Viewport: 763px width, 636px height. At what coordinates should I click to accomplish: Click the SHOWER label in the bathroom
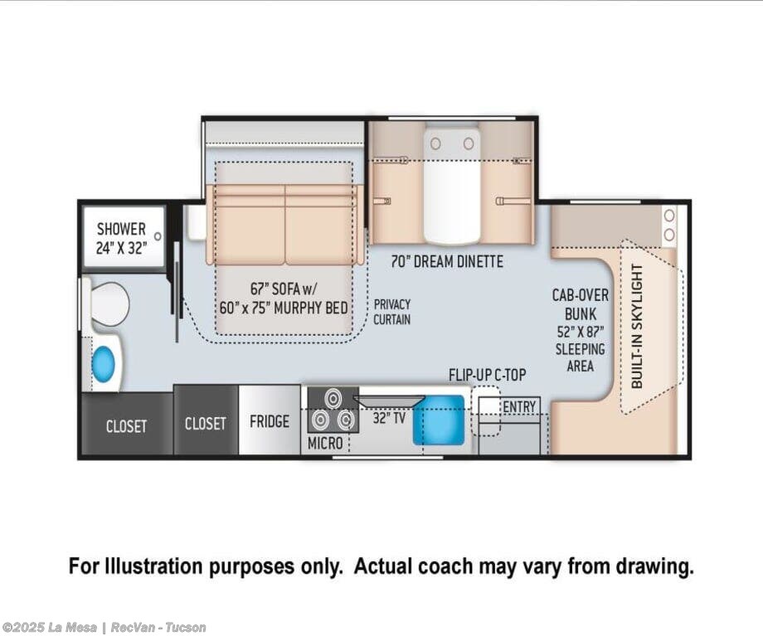pos(121,229)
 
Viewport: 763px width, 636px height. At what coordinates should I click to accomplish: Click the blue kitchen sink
pos(439,420)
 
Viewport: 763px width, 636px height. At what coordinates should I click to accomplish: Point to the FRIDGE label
pos(269,421)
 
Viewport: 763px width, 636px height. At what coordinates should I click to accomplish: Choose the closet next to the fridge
pos(206,420)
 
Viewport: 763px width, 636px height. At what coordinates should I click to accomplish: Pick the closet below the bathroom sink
pos(127,424)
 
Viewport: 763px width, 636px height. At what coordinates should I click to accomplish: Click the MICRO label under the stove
pos(325,444)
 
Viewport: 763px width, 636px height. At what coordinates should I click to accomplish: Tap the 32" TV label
pos(389,418)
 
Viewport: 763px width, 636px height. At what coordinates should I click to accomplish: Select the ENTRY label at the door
pos(519,406)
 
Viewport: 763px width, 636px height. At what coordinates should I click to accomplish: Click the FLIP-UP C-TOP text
pos(487,375)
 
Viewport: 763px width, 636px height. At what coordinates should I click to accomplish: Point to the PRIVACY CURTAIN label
pos(392,312)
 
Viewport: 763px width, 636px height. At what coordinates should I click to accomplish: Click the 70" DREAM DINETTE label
pos(447,261)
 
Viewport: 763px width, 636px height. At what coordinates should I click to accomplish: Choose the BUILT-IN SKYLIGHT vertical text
pos(637,327)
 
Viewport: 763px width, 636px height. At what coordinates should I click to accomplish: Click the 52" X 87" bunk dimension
pos(580,332)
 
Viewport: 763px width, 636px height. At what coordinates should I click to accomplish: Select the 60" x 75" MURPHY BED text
pos(284,308)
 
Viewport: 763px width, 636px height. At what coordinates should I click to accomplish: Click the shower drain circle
pos(158,236)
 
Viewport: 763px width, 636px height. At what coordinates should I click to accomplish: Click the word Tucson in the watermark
pos(186,627)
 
